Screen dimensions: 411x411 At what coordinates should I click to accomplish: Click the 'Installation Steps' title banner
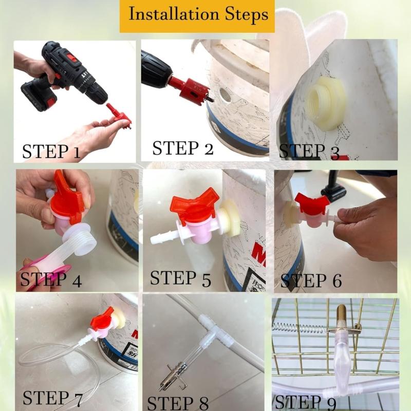(x=197, y=14)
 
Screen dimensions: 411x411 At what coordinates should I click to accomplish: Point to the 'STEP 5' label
(x=180, y=278)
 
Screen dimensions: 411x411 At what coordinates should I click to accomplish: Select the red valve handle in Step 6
(x=311, y=203)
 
